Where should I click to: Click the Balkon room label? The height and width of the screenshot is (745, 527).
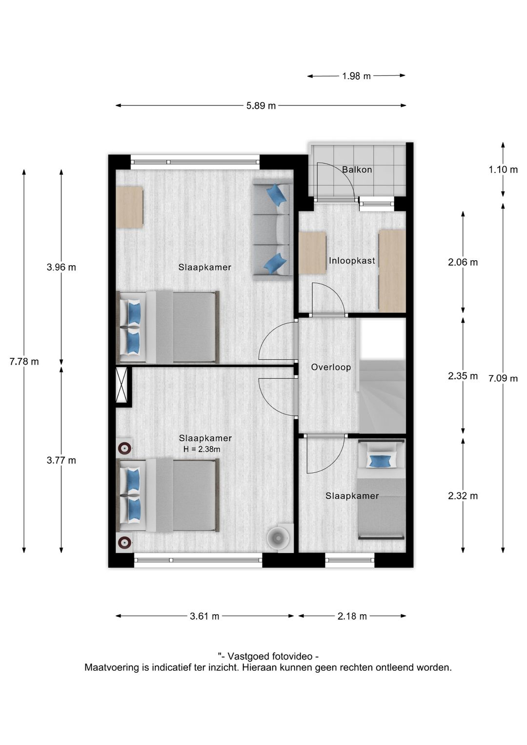(x=357, y=170)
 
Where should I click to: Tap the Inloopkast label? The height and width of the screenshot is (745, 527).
(x=352, y=261)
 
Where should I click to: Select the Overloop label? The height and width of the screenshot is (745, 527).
(x=331, y=367)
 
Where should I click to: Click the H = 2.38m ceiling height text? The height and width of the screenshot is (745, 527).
(x=202, y=449)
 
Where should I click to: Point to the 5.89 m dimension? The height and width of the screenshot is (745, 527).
(x=261, y=105)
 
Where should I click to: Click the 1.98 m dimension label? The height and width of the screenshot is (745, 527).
(x=356, y=76)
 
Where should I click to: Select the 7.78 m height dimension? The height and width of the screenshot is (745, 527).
(x=24, y=362)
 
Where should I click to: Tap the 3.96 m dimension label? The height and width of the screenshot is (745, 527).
(x=61, y=267)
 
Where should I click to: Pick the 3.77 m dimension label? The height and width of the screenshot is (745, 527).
(x=61, y=460)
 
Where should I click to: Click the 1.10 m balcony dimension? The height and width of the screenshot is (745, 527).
(x=503, y=170)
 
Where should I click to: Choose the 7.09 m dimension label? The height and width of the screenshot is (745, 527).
(x=503, y=378)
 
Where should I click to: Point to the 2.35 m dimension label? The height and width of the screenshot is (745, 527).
(x=463, y=376)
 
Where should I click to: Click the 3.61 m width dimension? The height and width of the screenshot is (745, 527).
(x=204, y=616)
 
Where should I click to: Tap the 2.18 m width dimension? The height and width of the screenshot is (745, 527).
(x=352, y=616)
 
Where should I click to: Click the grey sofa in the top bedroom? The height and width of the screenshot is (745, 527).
(x=272, y=229)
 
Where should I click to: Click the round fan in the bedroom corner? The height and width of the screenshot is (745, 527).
(x=279, y=538)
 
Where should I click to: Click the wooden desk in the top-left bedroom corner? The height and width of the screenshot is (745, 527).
(x=129, y=207)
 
